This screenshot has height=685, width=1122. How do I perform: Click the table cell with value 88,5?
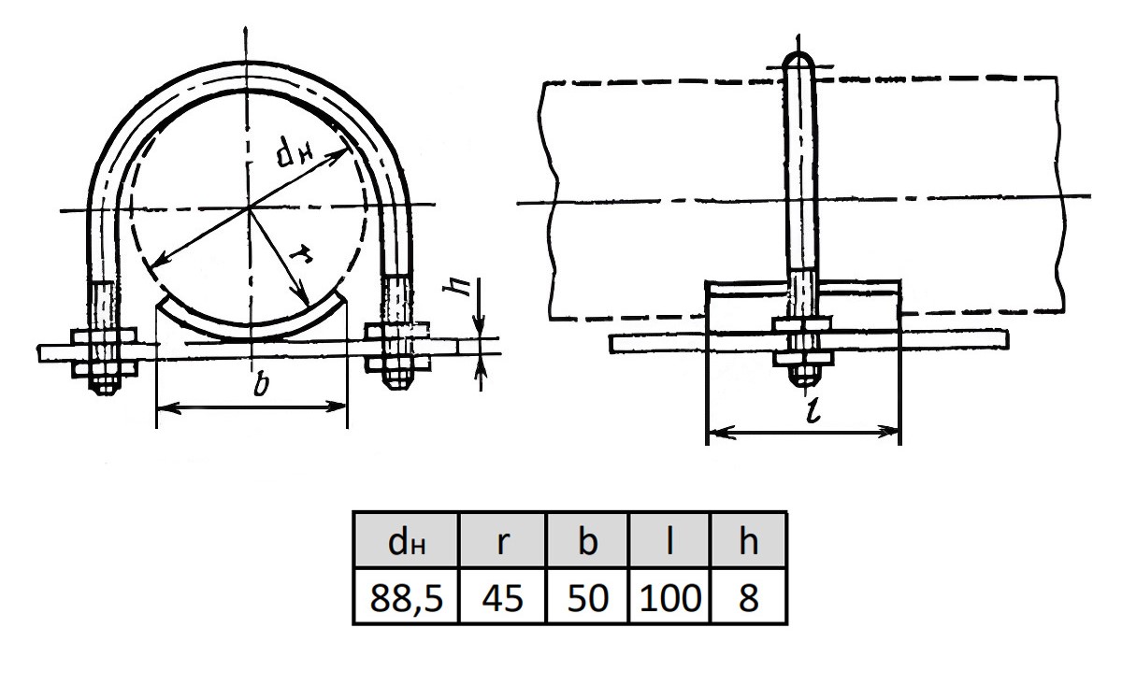point(406,596)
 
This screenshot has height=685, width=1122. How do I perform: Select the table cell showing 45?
point(502,596)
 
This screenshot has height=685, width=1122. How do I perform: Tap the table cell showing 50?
point(587,596)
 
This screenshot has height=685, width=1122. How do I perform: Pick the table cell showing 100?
point(670,596)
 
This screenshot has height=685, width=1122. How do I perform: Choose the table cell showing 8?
point(748,596)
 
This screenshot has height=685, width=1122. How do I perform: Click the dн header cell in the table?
point(406,541)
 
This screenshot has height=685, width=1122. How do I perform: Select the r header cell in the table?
point(502,541)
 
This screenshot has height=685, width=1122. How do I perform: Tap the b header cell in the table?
point(587,541)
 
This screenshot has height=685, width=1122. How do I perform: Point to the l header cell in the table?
point(670,541)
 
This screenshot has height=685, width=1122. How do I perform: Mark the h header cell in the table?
point(748,541)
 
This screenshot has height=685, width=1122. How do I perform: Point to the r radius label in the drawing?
point(301,255)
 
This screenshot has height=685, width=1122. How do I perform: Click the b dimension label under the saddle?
point(261,385)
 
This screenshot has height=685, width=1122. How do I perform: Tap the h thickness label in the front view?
point(456,286)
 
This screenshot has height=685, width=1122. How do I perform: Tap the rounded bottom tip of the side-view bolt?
point(803,382)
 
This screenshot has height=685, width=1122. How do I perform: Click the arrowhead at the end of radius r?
point(304,298)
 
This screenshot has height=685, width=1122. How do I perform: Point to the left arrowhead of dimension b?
point(167,407)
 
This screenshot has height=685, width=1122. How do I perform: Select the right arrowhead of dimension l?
point(888,431)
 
